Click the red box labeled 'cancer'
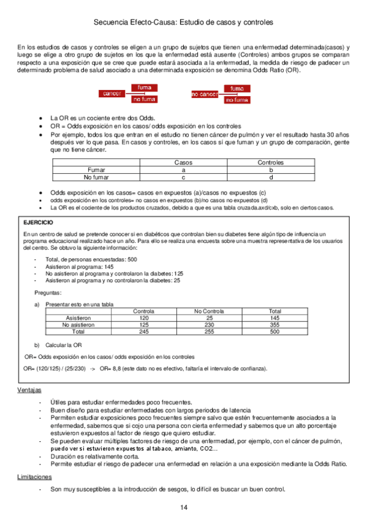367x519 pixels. [x=112, y=93]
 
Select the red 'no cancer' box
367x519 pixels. [x=205, y=94]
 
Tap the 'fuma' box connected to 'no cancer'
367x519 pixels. [x=236, y=89]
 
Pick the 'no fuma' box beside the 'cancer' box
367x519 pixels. [x=144, y=99]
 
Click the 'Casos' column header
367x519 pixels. [x=183, y=163]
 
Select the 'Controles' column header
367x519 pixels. [x=271, y=163]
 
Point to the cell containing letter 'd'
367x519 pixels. [x=271, y=177]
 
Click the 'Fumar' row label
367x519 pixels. [x=96, y=170]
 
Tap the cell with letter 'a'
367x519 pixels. [x=183, y=170]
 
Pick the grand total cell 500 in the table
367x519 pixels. [x=274, y=332]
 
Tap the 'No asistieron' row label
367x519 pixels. [x=78, y=325]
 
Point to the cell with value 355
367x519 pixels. [x=274, y=325]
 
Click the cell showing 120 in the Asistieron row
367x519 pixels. [x=144, y=318]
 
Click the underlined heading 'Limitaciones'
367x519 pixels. [x=34, y=476]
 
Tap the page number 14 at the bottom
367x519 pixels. [x=184, y=508]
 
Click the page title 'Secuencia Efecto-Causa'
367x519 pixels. [x=134, y=21]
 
